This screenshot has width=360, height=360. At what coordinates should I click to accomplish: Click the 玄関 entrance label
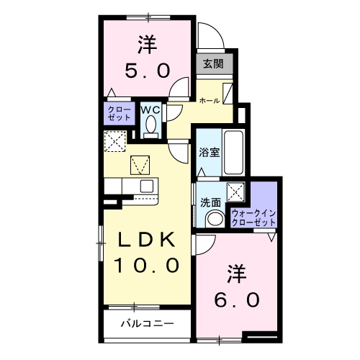click(212, 63)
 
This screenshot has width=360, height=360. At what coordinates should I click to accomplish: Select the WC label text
click(150, 109)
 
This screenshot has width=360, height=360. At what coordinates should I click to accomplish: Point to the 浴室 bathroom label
click(209, 153)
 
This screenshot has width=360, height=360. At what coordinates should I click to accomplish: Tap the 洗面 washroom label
click(210, 202)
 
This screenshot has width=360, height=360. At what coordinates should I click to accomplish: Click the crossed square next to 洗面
click(235, 192)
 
